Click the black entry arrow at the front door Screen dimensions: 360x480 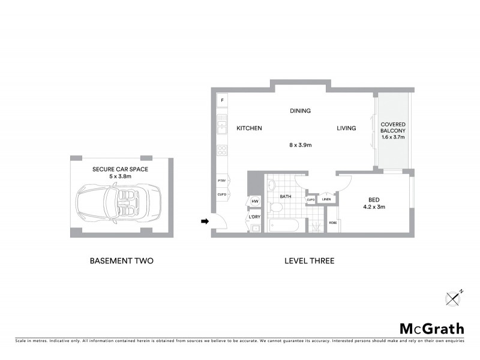[x=205, y=221]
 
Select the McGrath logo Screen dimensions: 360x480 [x=432, y=328]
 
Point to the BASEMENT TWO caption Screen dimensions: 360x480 [x=122, y=261]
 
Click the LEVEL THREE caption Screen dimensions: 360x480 [x=308, y=261]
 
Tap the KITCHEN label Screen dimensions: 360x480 [x=249, y=128]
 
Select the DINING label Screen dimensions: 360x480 [x=300, y=111]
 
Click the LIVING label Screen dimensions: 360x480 [x=346, y=128]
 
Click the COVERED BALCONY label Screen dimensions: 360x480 [x=394, y=127]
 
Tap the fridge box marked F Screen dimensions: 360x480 [x=222, y=100]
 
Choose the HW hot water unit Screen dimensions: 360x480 [x=254, y=202]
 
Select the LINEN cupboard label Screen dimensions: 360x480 [x=326, y=199]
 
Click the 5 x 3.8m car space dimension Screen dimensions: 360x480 [x=120, y=177]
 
